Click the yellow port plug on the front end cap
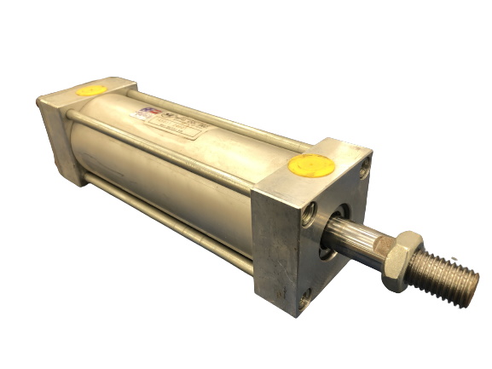pyautogui.click(x=311, y=165)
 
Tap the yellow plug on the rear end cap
pyautogui.click(x=91, y=88)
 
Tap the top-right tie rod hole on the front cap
pyautogui.click(x=365, y=170)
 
